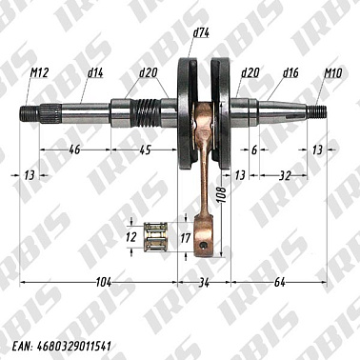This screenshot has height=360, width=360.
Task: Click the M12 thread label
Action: click(x=39, y=71)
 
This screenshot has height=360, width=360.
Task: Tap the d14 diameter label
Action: click(x=95, y=71)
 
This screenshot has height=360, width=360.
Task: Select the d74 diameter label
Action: click(x=200, y=33)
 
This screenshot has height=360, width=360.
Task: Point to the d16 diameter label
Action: click(x=291, y=71)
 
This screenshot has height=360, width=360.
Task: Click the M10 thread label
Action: click(x=333, y=71)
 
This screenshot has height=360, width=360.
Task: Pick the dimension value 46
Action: click(x=74, y=150)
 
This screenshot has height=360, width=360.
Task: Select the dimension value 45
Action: click(x=145, y=150)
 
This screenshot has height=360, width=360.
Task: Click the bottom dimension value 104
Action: click(x=103, y=281)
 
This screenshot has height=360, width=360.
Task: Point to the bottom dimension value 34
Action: click(x=203, y=281)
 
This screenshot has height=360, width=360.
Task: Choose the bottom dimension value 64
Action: click(x=279, y=281)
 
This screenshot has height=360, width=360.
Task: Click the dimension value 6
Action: click(x=255, y=150)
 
